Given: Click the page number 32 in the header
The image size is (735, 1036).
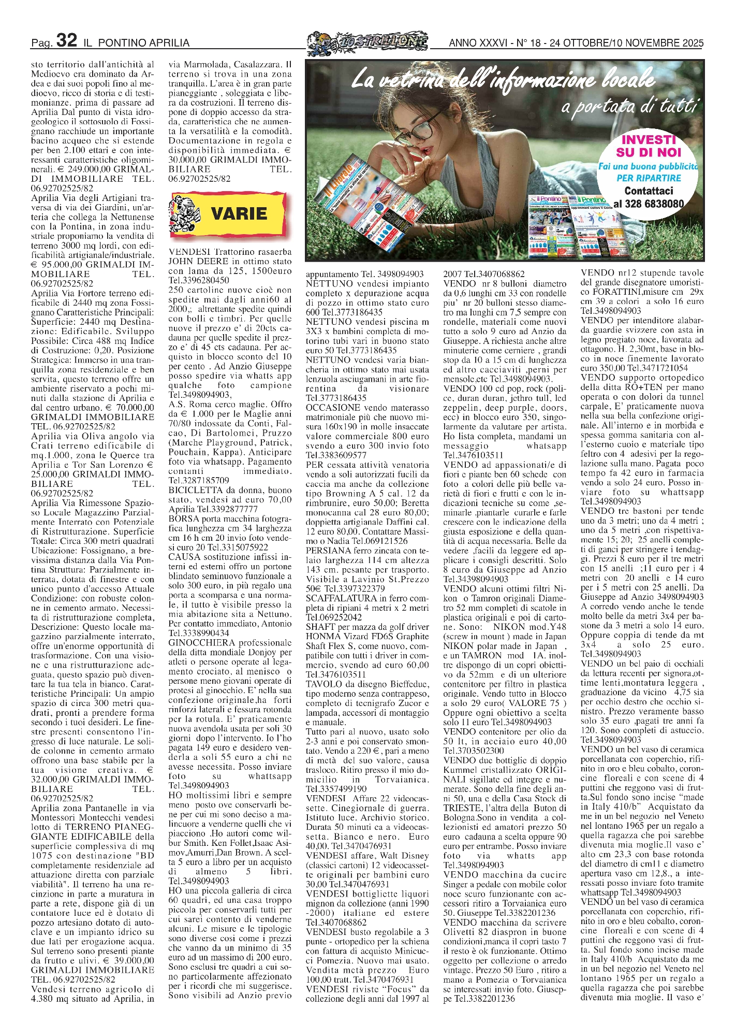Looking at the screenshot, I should click(x=67, y=40).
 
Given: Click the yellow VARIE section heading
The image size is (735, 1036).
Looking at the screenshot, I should click(x=239, y=213).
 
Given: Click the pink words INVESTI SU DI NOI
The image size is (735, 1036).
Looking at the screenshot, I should click(x=649, y=146).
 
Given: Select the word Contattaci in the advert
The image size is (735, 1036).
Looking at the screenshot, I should click(x=649, y=191).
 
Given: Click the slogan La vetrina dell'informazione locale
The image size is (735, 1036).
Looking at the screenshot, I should click(x=502, y=80).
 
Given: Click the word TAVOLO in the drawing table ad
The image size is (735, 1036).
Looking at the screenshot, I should click(x=321, y=684).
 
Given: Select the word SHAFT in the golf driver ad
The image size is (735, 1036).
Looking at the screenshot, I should click(x=319, y=627).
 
